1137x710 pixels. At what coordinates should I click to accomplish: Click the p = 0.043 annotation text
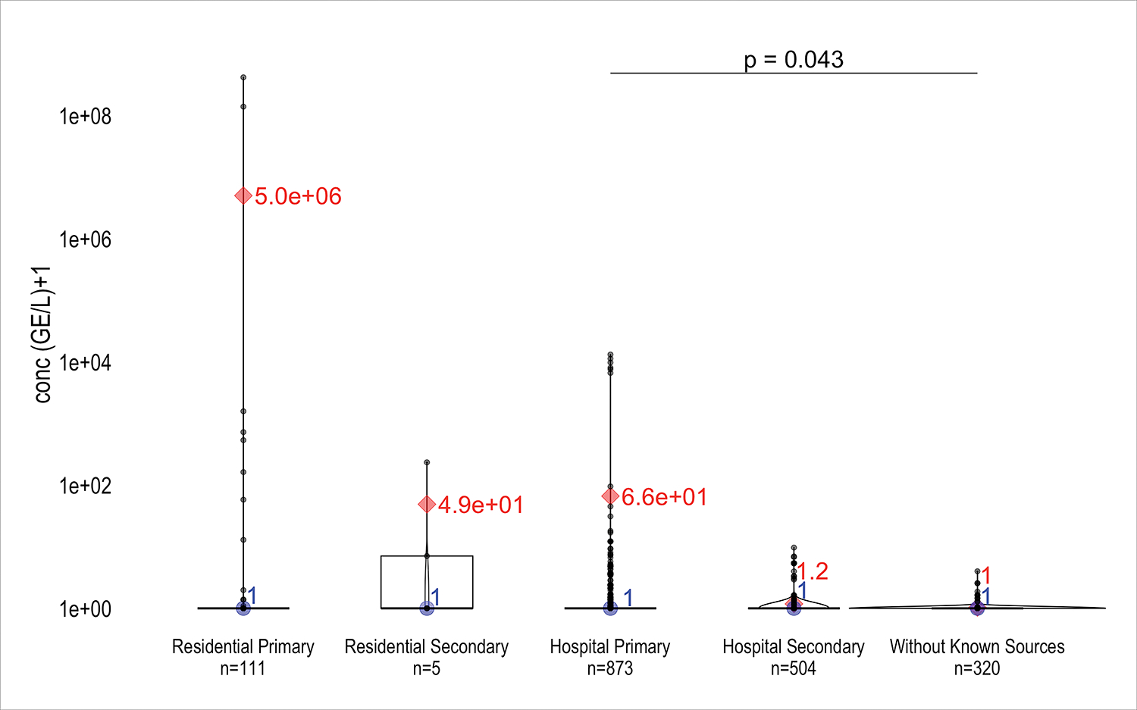tap(794, 60)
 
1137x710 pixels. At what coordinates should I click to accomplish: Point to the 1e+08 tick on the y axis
tap(86, 117)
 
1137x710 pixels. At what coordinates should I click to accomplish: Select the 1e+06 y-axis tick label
tap(86, 240)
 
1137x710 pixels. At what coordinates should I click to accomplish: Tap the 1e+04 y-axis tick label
tap(86, 363)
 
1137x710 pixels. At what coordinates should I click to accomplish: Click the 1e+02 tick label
tap(86, 486)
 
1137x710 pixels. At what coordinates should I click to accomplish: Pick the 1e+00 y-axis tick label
tap(86, 609)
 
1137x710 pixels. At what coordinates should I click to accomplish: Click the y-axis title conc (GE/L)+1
tap(43, 334)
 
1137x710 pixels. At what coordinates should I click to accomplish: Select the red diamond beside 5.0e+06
tap(243, 196)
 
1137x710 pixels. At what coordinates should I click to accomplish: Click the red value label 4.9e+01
tap(481, 505)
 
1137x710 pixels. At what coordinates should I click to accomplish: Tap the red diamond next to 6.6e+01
tap(610, 496)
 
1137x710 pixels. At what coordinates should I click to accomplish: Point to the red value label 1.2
tap(813, 572)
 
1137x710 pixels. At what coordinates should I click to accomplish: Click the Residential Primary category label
tap(243, 647)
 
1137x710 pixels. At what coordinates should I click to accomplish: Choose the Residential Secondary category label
tap(426, 647)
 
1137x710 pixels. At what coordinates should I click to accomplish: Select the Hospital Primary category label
tap(610, 647)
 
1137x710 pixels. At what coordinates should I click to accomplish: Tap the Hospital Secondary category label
tap(794, 647)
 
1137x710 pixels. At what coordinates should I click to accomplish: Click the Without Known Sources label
tap(977, 647)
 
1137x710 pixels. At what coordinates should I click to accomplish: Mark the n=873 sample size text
tap(610, 669)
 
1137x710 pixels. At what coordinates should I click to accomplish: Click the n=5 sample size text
tap(426, 669)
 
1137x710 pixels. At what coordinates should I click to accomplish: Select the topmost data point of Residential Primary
tap(243, 77)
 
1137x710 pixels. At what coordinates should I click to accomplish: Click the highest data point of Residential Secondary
tap(427, 462)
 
